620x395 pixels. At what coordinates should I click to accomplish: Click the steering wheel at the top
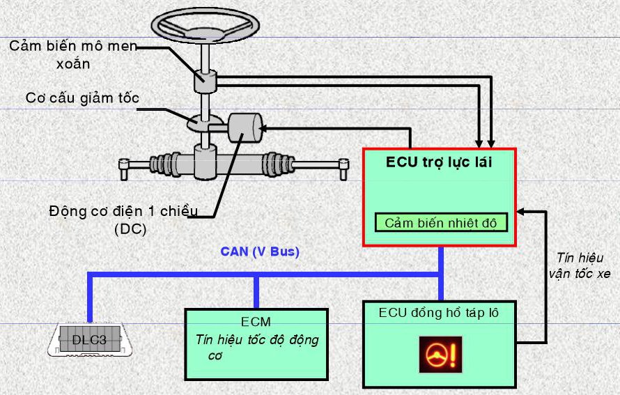(205, 25)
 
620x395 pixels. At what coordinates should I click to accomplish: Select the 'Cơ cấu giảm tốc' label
(82, 98)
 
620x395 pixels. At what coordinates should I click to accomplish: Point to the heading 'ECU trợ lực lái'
(440, 164)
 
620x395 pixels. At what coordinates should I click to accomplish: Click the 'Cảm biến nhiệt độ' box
(442, 222)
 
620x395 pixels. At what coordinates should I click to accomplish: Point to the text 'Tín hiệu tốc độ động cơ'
(257, 347)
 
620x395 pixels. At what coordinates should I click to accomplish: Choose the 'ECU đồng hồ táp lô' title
(438, 313)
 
